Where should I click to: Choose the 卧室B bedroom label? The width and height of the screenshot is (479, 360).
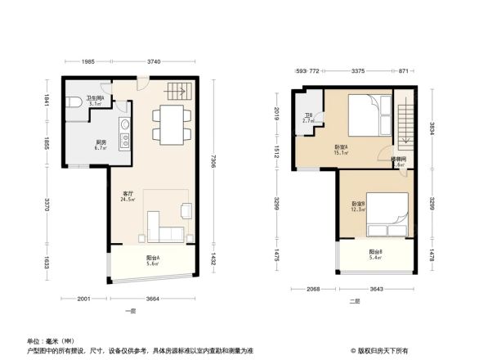358,205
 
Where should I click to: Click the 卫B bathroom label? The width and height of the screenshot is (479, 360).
308,118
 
